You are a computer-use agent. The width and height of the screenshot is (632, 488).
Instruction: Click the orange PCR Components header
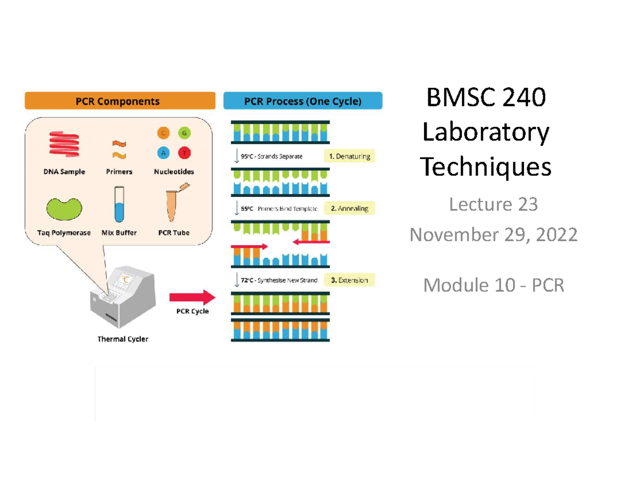click(120, 101)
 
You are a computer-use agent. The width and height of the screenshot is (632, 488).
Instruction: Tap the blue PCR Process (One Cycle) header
click(303, 101)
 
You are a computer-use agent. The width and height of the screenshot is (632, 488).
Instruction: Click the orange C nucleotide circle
click(163, 134)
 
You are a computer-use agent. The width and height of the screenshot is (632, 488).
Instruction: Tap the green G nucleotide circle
click(184, 134)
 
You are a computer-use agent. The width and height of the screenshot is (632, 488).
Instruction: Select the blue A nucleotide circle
click(163, 153)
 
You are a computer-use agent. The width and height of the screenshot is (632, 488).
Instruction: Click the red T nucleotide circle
click(184, 153)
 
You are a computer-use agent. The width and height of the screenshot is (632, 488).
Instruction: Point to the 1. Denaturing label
click(349, 156)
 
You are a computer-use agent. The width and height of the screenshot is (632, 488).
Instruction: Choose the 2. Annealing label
click(349, 208)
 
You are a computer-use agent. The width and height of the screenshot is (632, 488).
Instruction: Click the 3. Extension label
click(349, 280)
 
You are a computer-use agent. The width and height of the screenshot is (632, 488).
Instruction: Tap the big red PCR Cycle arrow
click(192, 297)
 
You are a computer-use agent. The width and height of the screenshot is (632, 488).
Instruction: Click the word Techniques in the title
click(486, 167)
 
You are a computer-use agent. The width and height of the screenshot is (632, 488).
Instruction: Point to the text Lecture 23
click(493, 204)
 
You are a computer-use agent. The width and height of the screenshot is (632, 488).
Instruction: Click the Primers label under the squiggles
click(118, 172)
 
